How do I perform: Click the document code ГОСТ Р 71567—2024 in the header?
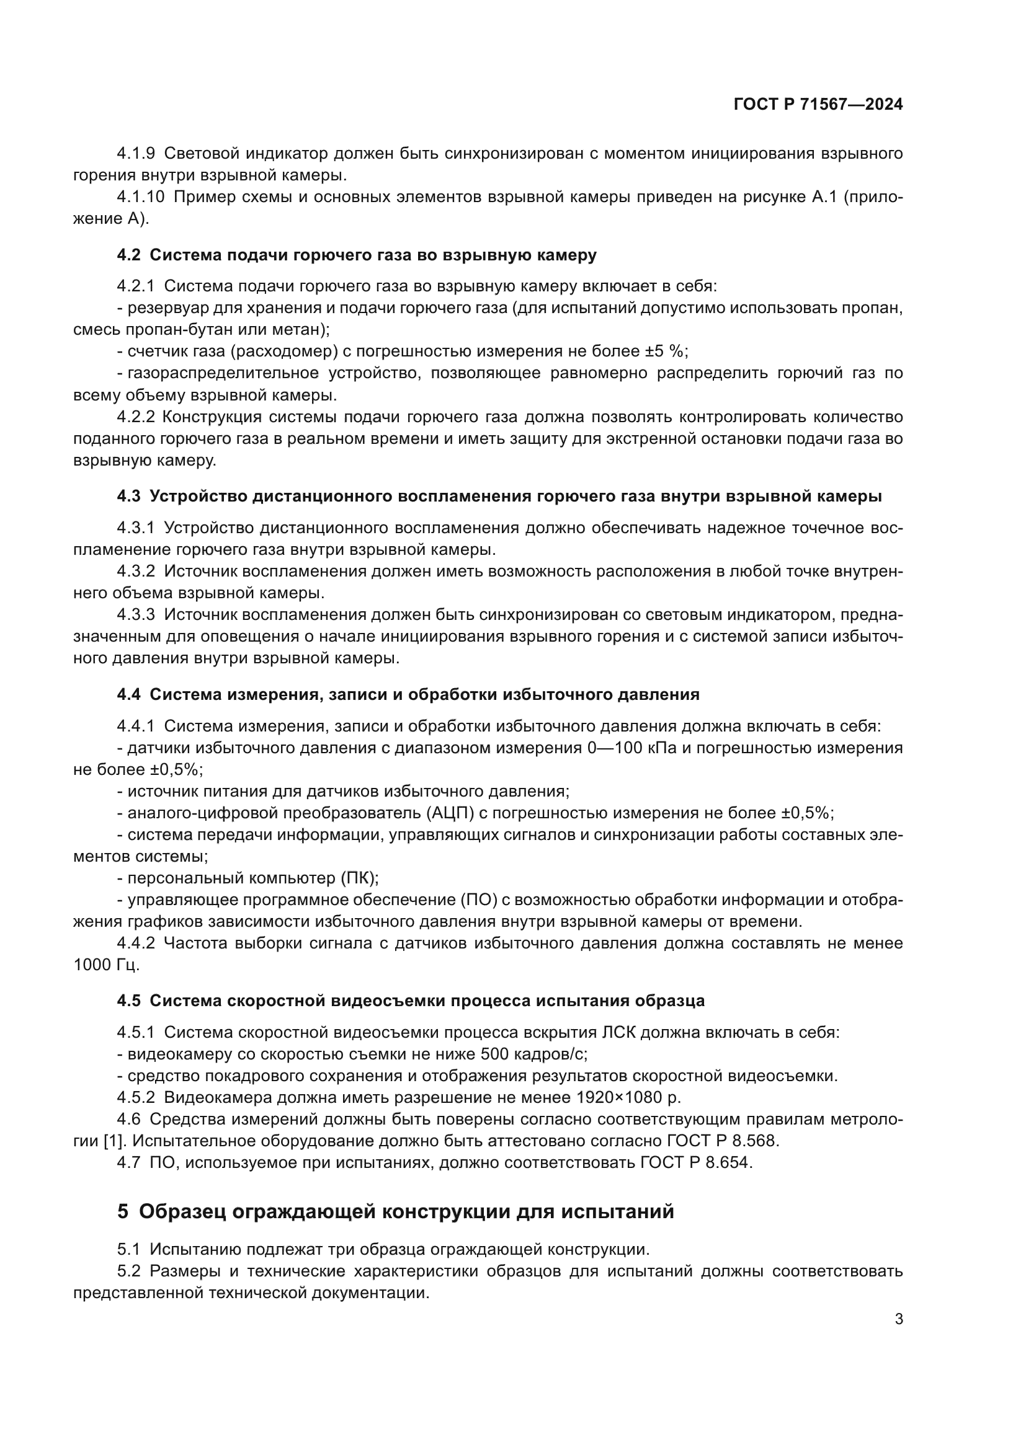pyautogui.click(x=818, y=105)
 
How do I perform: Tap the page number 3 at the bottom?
pyautogui.click(x=898, y=1319)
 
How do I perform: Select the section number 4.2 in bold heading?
pyautogui.click(x=128, y=255)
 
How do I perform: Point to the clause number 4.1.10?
pyautogui.click(x=140, y=197)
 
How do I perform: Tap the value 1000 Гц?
pyautogui.click(x=106, y=965)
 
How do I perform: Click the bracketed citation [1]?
pyautogui.click(x=114, y=1141)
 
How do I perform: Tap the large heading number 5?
pyautogui.click(x=123, y=1211)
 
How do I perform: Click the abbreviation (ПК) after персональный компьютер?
pyautogui.click(x=360, y=878)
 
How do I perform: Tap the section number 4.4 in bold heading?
pyautogui.click(x=128, y=695)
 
